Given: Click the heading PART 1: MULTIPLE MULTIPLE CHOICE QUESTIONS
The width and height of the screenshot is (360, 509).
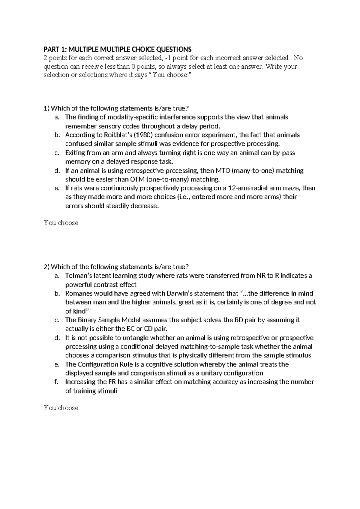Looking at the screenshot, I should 117,49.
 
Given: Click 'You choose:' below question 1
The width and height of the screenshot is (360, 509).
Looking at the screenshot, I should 62,223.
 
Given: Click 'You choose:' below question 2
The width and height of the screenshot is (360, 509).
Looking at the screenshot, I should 62,408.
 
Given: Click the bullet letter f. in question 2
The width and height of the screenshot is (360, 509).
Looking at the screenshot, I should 56,382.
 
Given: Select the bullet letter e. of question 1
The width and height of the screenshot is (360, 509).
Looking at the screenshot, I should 57,188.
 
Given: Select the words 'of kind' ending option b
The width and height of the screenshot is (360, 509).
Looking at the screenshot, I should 76,311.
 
